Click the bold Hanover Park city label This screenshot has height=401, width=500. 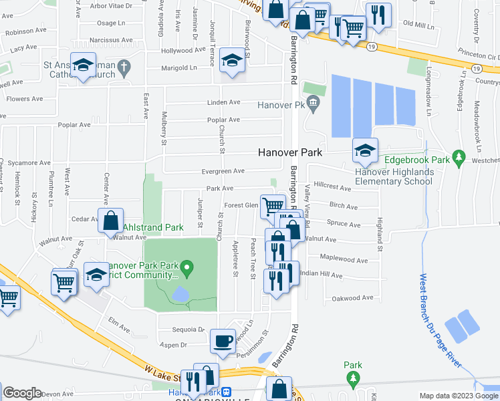click(x=290, y=152)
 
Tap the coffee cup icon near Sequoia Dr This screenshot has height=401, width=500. click(x=223, y=341)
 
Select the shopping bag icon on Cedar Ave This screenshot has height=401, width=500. click(x=111, y=219)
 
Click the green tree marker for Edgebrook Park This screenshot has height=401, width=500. click(x=459, y=158)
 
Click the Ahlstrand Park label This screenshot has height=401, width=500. click(x=153, y=228)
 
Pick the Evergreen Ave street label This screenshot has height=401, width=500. click(x=219, y=172)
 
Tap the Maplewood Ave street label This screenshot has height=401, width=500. click(x=344, y=260)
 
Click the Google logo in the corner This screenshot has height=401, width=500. click(x=22, y=393)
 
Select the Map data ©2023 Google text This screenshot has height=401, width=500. click(x=458, y=396)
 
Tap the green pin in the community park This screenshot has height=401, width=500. click(x=188, y=270)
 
